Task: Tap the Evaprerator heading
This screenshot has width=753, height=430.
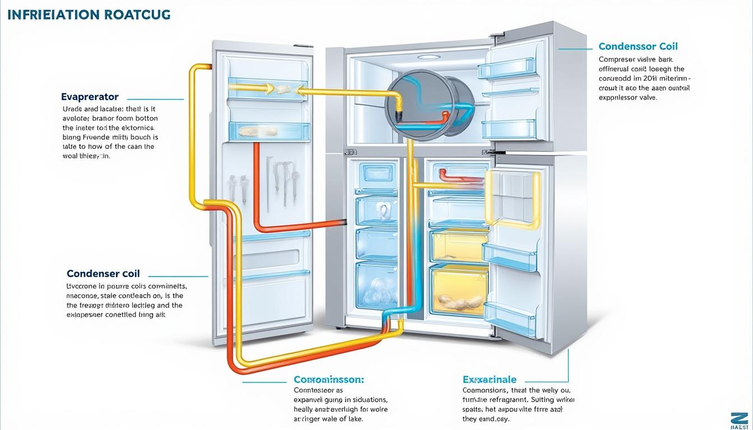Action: pyautogui.click(x=90, y=97)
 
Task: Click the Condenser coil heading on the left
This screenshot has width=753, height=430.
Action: pyautogui.click(x=103, y=274)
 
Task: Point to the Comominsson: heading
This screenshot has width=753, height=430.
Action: pyautogui.click(x=329, y=379)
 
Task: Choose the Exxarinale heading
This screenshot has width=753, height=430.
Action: pyautogui.click(x=489, y=379)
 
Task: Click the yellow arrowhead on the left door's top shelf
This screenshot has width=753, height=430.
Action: pyautogui.click(x=268, y=88)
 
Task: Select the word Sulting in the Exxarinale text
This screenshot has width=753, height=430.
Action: pyautogui.click(x=553, y=400)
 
